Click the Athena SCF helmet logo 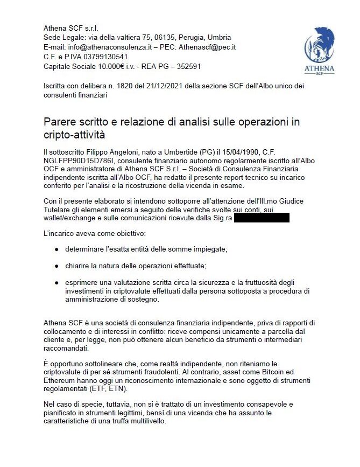(319, 51)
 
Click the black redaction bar (262, 218)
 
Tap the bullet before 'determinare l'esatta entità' (57, 250)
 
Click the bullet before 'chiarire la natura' (57, 266)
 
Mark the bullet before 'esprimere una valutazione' (57, 283)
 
